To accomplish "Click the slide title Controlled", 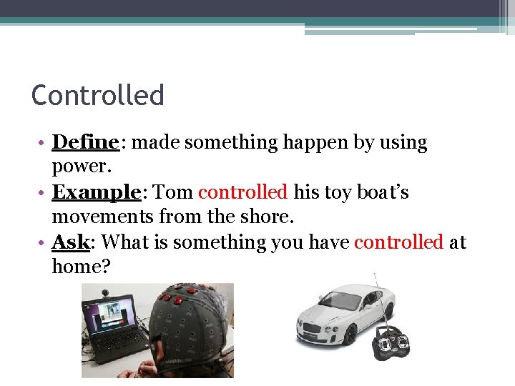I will point(98,95).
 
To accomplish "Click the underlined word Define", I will point(85,143).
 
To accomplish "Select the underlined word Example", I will point(96,193).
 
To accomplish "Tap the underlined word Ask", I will point(70,243).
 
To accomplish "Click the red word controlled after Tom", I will point(242,193).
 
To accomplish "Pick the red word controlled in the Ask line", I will point(398,243).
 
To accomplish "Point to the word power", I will point(79,167).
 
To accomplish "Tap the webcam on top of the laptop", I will point(107,292).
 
